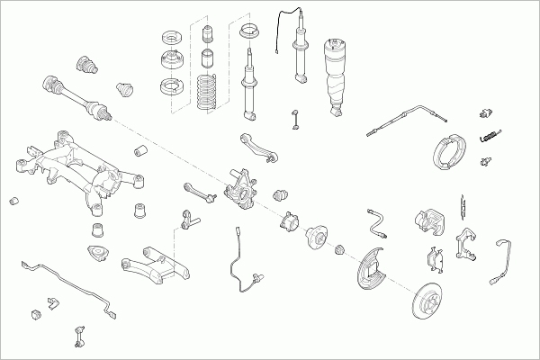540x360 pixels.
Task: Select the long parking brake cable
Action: click(x=405, y=121)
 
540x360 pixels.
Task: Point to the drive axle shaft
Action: click(x=76, y=95)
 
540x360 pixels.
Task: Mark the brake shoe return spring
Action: click(x=491, y=136)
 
